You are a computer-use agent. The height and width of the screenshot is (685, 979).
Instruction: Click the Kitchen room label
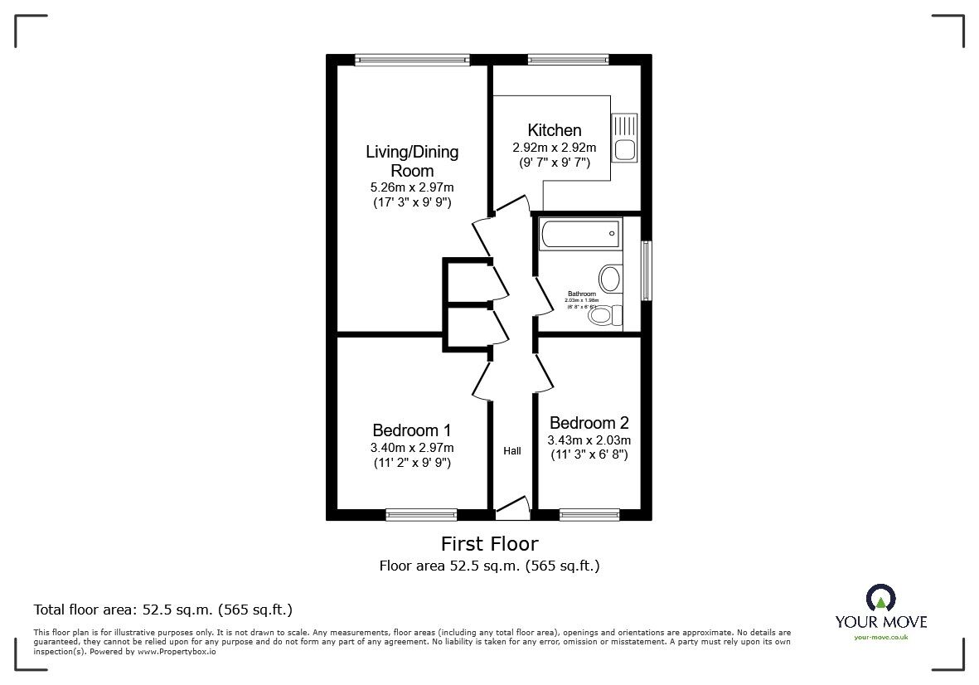[x=555, y=130]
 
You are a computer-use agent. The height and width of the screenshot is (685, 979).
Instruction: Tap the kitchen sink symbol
[x=623, y=138]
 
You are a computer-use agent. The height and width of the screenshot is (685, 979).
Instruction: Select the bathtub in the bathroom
[x=579, y=234]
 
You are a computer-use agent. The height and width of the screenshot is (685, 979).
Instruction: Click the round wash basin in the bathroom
[x=611, y=279]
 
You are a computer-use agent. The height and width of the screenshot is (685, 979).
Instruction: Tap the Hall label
[x=512, y=451]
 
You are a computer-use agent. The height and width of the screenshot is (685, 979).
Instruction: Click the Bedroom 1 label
[x=411, y=430]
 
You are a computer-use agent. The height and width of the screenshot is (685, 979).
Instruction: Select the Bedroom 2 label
[x=589, y=423]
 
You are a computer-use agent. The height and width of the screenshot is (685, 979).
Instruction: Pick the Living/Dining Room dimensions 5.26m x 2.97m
[x=412, y=187]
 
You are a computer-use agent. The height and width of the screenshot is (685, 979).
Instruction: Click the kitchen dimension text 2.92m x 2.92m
[x=555, y=148]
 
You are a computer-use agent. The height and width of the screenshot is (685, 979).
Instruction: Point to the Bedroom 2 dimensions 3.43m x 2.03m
[x=589, y=440]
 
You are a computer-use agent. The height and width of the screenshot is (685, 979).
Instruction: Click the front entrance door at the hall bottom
[x=511, y=507]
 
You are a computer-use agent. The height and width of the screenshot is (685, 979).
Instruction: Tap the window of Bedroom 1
[x=421, y=515]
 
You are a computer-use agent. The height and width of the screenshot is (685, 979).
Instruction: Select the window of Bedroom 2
[x=589, y=515]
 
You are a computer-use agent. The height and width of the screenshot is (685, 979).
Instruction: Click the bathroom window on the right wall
[x=647, y=271]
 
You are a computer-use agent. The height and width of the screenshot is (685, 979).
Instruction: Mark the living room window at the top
[x=412, y=59]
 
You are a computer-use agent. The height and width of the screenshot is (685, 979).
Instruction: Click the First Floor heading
[x=489, y=544]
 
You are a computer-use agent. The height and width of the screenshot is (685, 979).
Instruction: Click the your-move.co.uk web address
[x=880, y=637]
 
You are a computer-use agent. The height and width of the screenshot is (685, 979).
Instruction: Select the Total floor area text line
[x=162, y=610]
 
